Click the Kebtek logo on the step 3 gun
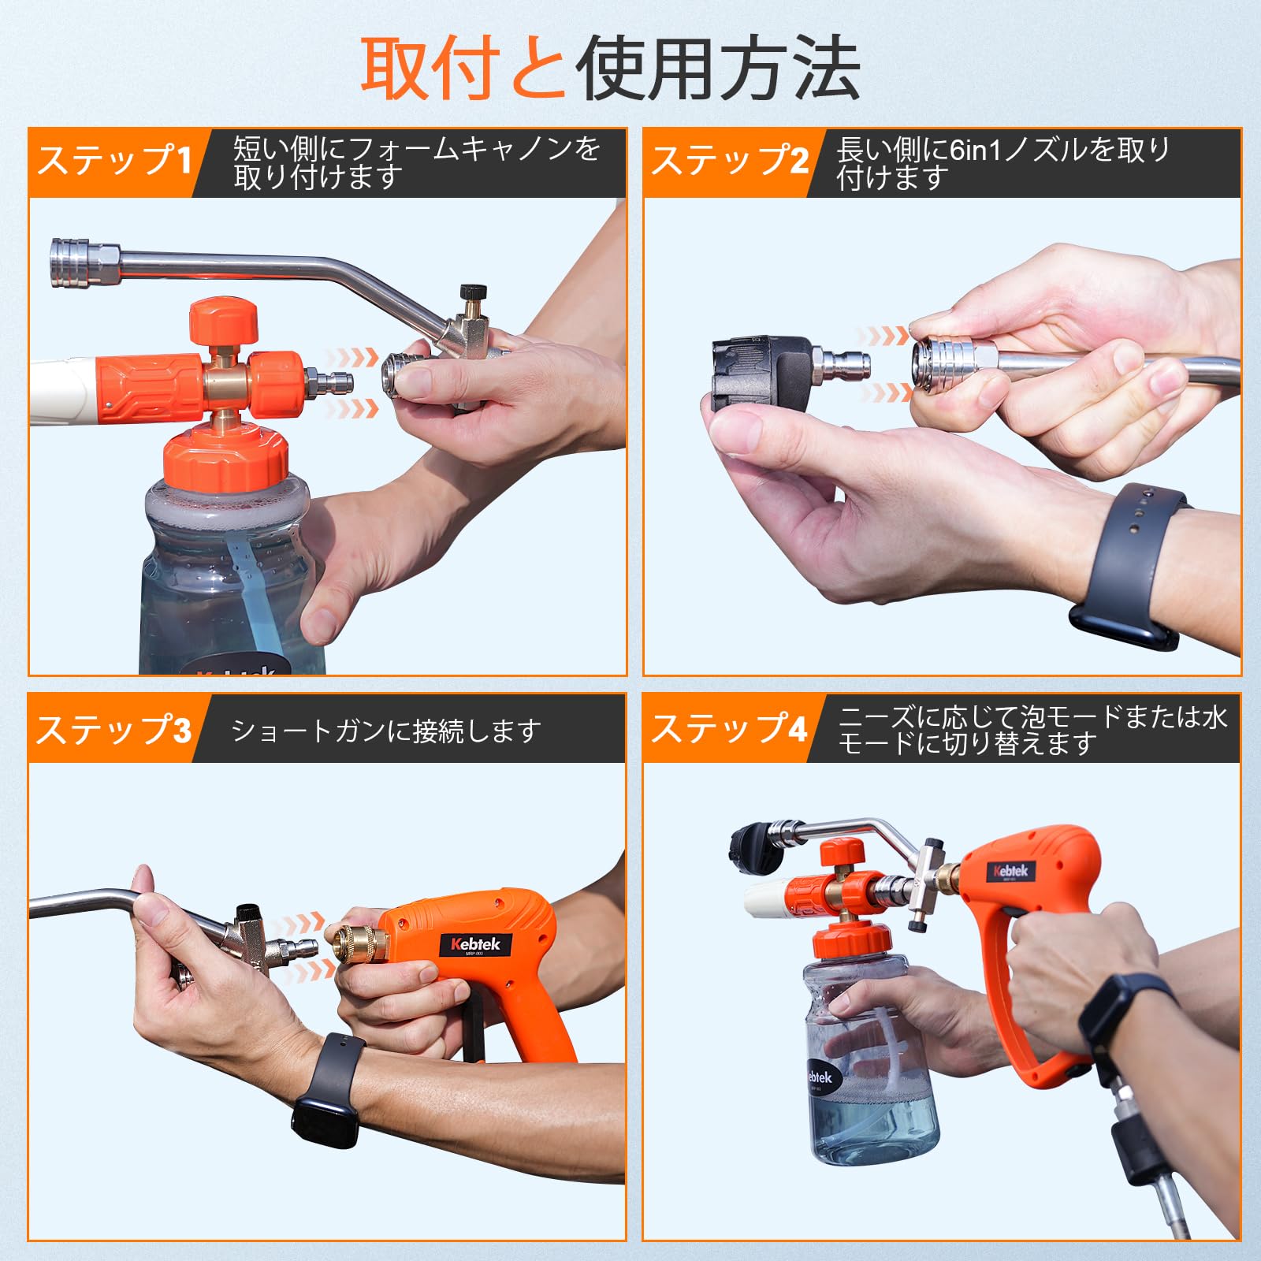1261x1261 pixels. pos(475,944)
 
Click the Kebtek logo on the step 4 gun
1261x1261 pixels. pos(1010,871)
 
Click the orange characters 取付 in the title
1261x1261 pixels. pos(430,69)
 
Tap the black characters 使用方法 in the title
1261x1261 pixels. pos(717,69)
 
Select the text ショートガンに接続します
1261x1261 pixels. pos(386,731)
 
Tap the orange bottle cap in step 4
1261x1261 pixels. pos(853,940)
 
